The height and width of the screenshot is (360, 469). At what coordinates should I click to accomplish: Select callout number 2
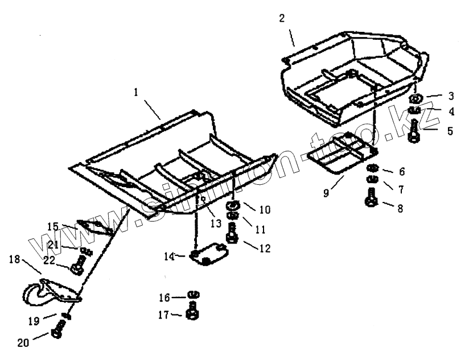[x=282, y=18]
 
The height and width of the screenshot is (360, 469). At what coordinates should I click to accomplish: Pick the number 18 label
[x=15, y=259]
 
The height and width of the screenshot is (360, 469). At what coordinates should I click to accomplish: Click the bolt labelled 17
[x=193, y=311]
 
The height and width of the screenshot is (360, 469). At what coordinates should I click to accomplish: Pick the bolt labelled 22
[x=78, y=264]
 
